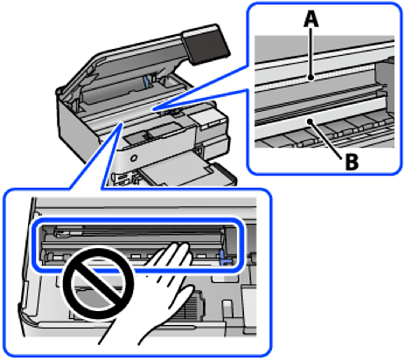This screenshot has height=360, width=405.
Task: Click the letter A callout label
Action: tap(311, 19)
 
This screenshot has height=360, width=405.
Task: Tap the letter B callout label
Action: tap(352, 162)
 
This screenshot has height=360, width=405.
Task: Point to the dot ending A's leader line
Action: tap(311, 78)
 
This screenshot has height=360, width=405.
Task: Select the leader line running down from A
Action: tap(311, 52)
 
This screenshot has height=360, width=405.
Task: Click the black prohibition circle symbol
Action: tap(98, 283)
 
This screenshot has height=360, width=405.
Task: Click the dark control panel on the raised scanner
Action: tap(205, 44)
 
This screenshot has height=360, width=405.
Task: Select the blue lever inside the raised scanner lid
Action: tap(147, 82)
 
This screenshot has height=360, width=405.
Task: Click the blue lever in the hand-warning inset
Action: tap(225, 259)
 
